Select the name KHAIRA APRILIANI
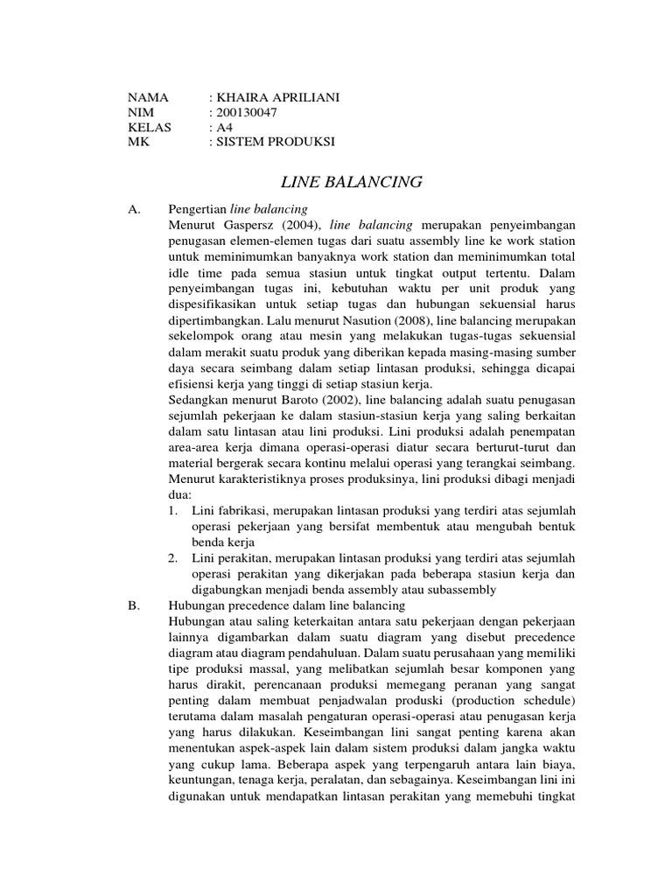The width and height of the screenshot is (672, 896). [x=277, y=97]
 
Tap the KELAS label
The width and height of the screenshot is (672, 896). [x=150, y=127]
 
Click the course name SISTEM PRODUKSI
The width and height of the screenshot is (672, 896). [x=276, y=142]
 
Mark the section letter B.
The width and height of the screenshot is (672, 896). [x=134, y=605]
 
